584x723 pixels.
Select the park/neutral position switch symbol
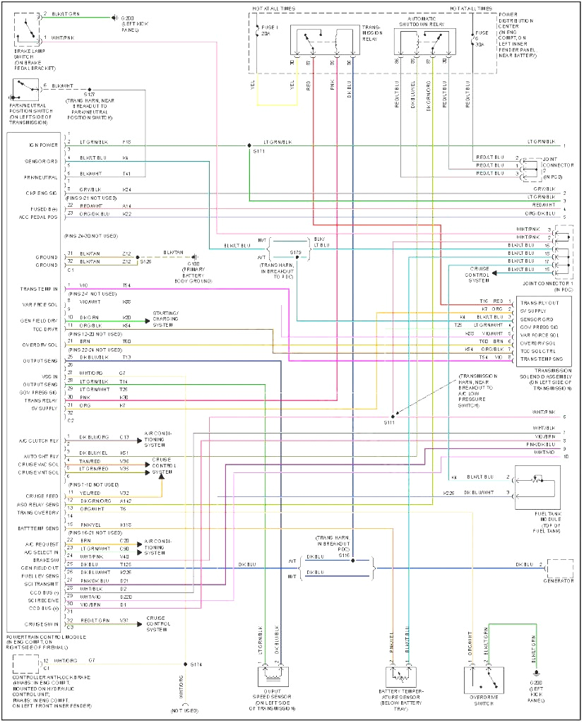[x=24, y=89]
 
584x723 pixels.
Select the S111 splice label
[x=389, y=422]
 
